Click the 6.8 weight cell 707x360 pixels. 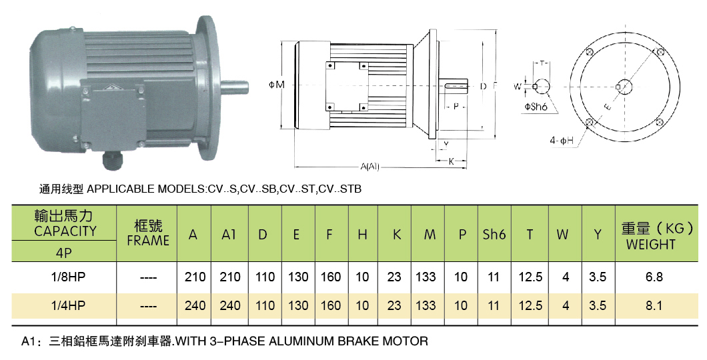[x=654, y=277]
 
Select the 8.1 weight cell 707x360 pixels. [x=654, y=305]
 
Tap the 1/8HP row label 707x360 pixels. [x=68, y=277]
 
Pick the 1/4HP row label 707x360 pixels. [x=68, y=305]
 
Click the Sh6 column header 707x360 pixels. [x=494, y=234]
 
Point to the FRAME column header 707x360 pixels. [x=148, y=241]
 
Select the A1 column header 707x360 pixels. [x=229, y=234]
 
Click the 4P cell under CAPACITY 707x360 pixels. [x=63, y=253]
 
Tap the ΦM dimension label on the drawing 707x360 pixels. [x=276, y=85]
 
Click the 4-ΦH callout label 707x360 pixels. [x=562, y=141]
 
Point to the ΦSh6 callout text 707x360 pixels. [x=536, y=107]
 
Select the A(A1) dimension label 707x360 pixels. [x=370, y=167]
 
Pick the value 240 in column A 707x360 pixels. [x=195, y=305]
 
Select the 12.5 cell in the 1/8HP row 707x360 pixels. [x=530, y=277]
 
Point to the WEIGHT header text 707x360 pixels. [x=650, y=245]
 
